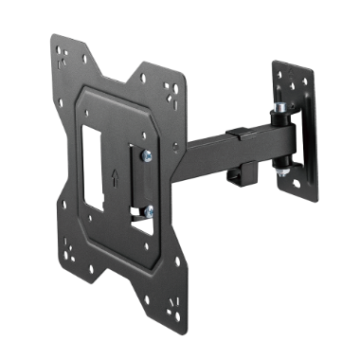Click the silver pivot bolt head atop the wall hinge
point(281,112)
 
